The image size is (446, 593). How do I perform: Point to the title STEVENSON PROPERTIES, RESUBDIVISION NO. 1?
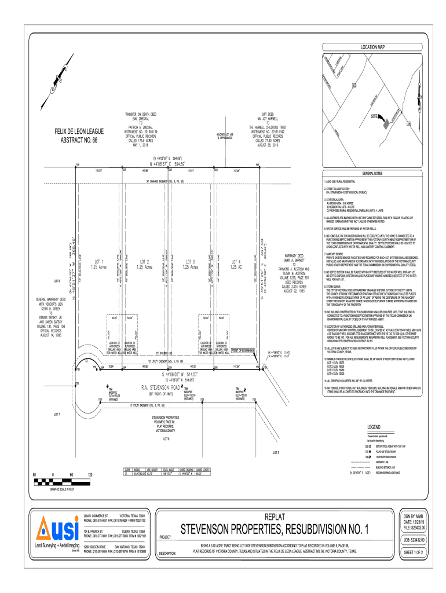(x=273, y=530)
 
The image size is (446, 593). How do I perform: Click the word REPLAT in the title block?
(x=273, y=517)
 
